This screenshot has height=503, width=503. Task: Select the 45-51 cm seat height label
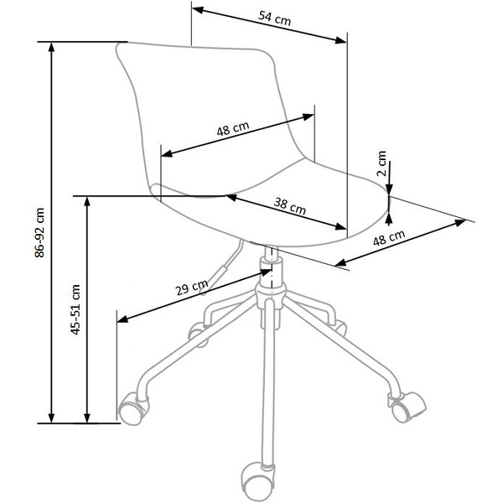(75, 309)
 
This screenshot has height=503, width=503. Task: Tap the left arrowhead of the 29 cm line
(121, 320)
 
